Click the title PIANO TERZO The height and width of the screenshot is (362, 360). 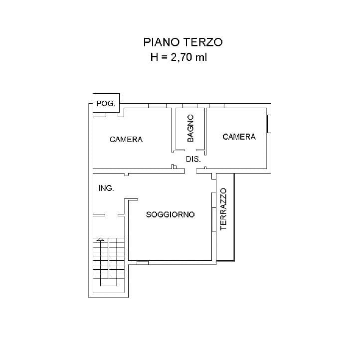click(x=182, y=42)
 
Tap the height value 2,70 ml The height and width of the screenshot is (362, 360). click(x=188, y=57)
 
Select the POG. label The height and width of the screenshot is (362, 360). click(x=106, y=104)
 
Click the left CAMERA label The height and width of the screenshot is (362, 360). click(x=126, y=140)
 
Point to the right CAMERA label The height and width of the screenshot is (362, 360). click(x=239, y=137)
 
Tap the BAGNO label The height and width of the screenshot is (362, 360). click(x=190, y=129)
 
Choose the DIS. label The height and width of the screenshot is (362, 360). click(x=193, y=160)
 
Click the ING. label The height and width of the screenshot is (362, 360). click(x=106, y=188)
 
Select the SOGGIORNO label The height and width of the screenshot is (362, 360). click(x=170, y=215)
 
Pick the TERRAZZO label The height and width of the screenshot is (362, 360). click(x=223, y=208)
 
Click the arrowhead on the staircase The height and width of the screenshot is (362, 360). click(x=101, y=240)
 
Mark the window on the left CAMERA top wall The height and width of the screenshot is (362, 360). click(x=157, y=106)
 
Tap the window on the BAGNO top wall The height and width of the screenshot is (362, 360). click(x=190, y=106)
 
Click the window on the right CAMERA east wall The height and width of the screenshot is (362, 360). click(x=269, y=124)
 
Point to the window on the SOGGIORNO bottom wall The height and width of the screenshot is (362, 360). click(x=142, y=262)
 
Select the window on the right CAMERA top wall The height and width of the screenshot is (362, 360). click(x=216, y=106)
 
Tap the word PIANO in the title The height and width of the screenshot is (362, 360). click(x=161, y=42)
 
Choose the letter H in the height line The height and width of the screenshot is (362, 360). click(x=154, y=57)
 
